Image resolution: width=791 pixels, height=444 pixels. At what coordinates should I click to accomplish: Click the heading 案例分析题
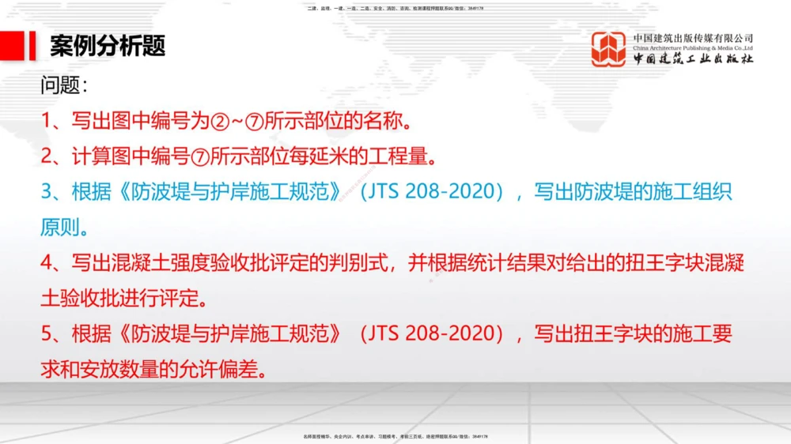[108, 47]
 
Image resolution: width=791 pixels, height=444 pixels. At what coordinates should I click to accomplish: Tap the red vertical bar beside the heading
[32, 47]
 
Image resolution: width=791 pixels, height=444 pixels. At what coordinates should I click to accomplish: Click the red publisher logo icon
[608, 49]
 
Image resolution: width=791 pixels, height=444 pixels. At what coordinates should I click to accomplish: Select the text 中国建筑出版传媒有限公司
[693, 37]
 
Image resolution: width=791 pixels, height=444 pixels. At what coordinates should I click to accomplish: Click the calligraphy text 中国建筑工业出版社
[693, 59]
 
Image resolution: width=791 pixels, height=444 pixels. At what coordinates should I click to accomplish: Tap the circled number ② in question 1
[219, 122]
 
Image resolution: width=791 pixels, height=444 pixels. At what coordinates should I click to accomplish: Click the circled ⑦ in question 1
[254, 122]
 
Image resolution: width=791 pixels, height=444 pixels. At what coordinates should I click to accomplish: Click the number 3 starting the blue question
[46, 193]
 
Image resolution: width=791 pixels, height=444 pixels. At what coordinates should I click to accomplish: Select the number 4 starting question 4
[46, 264]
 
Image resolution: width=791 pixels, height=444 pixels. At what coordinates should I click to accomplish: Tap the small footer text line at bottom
[395, 436]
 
